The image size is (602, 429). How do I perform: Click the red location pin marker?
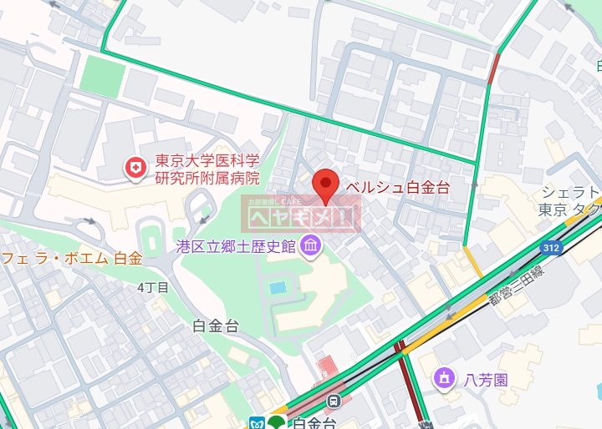325,184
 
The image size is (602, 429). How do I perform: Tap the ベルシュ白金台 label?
397,187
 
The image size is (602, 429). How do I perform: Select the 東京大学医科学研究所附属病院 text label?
207,169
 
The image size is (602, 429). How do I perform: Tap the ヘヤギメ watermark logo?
301,217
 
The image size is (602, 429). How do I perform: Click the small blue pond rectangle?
278,287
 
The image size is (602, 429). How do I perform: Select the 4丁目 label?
153,287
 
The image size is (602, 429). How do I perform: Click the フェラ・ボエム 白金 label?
71,258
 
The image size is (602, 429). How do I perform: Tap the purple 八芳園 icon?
443,380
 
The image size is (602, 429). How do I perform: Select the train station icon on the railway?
334,401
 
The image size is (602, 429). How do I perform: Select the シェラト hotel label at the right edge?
571,192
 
